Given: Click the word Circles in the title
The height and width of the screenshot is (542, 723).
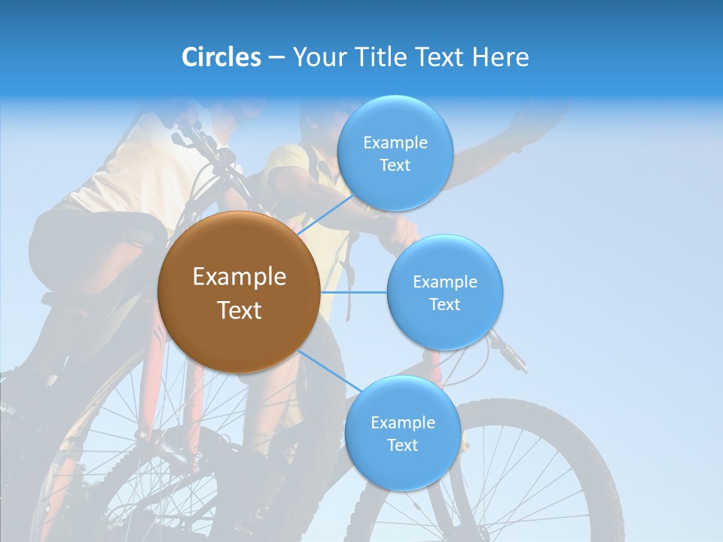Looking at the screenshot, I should pos(221,57).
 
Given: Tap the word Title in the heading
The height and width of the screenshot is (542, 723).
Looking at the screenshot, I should pos(380,57).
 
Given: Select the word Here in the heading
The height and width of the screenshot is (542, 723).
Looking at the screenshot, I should pos(500,57).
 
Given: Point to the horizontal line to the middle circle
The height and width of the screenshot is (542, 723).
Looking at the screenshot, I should pos(353,292).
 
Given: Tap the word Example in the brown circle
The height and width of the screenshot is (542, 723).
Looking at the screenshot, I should pos(239,277).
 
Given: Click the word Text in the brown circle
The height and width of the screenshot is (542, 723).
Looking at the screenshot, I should pos(239,310).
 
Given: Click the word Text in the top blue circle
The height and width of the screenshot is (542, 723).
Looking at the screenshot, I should pos(395,166).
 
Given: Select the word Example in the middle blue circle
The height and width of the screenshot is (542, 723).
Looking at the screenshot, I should pos(445,282).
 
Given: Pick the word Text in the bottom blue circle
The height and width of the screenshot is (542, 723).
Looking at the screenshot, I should pos(402,446).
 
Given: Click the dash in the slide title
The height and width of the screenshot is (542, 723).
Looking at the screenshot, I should pos(276,58).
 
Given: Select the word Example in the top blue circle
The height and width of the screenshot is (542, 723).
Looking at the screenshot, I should pos(395,143).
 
